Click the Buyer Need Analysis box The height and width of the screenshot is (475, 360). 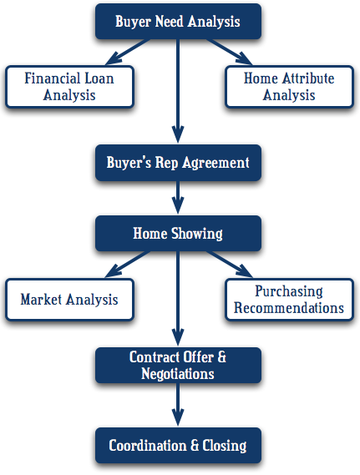(178, 22)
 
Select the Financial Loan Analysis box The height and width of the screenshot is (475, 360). (69, 87)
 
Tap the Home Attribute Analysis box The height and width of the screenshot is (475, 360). (289, 87)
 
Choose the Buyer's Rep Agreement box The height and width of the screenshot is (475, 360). (178, 163)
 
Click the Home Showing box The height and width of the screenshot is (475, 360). (178, 234)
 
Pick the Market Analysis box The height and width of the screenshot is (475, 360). (69, 300)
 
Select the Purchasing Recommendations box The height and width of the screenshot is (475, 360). (289, 300)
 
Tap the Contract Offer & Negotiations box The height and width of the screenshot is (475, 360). (178, 366)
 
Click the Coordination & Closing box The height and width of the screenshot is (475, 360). (178, 445)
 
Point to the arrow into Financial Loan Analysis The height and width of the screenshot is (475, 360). (128, 52)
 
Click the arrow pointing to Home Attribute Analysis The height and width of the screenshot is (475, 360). (229, 52)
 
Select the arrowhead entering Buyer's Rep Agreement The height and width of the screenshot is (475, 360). (178, 134)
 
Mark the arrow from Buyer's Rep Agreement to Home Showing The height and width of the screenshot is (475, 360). (178, 198)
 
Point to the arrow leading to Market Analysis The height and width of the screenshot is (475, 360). (128, 264)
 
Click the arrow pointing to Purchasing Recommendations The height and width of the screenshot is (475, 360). (229, 264)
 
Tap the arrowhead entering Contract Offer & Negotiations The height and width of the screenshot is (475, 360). (178, 336)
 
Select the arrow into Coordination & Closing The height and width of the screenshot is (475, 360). (178, 404)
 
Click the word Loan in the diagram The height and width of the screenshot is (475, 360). (99, 78)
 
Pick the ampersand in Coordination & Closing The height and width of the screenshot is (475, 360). (195, 445)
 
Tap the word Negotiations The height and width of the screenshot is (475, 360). (178, 373)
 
